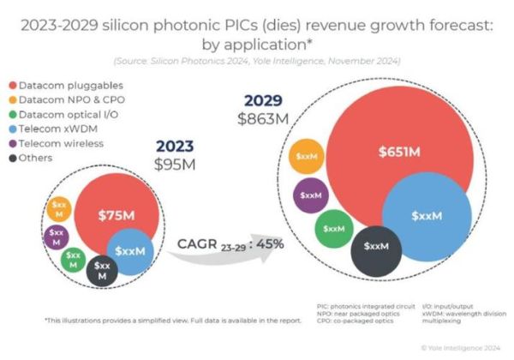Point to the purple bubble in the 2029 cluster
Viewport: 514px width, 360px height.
point(310,195)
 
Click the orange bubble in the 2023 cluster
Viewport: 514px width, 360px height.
point(58,207)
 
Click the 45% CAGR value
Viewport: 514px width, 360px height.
point(269,244)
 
